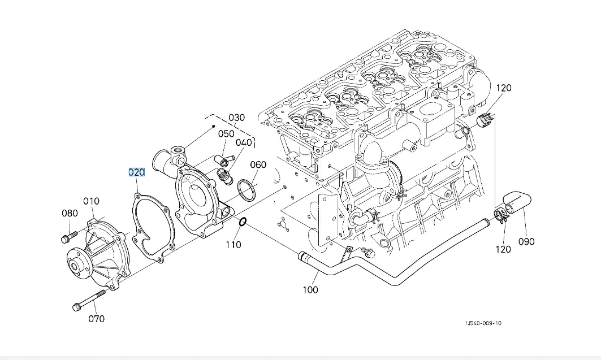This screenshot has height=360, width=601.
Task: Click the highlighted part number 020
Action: tap(136, 172)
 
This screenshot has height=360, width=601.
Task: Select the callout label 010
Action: tap(91, 201)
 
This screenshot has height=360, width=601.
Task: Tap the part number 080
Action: tap(70, 213)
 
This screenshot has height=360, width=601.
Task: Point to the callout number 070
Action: tap(96, 319)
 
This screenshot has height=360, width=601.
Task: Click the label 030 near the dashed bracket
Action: tap(236, 118)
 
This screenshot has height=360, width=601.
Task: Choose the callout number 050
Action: tap(226, 134)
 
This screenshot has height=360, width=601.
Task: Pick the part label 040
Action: tap(244, 142)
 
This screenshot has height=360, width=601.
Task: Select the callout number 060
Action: tap(258, 164)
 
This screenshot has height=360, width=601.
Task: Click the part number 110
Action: tap(233, 244)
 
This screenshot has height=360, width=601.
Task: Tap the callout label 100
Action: tap(310, 290)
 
